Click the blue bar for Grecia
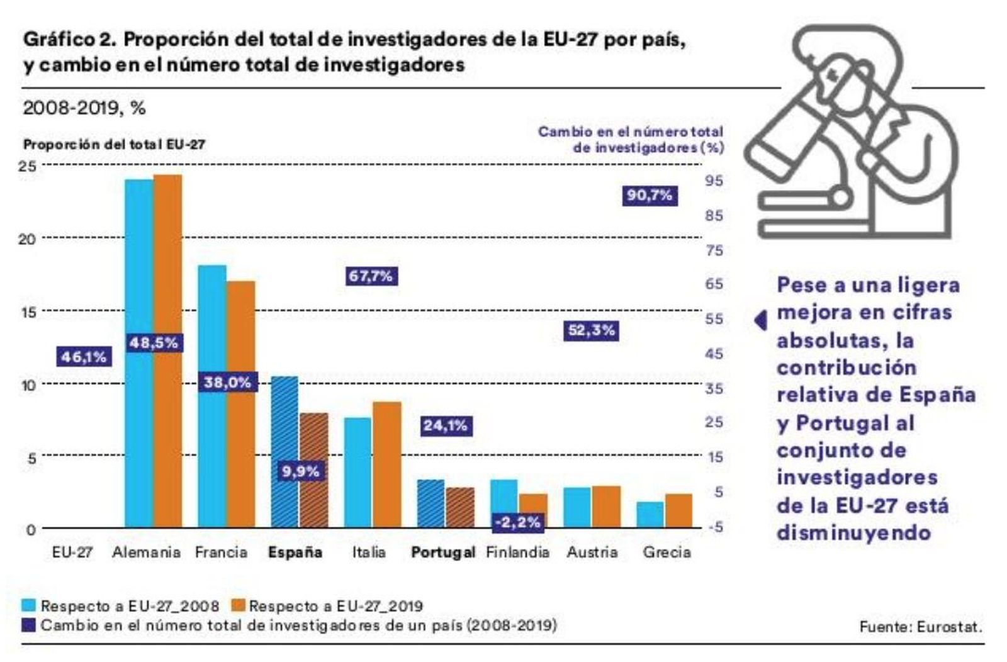coord(650,515)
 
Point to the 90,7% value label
coord(650,196)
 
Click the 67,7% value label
coord(371,276)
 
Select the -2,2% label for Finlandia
coord(517,522)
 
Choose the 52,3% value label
coord(591,330)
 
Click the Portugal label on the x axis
coord(443,553)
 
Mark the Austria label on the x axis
coord(592,553)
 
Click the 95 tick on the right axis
coord(714,181)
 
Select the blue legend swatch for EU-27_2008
coord(29,606)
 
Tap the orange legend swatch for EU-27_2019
coord(237,606)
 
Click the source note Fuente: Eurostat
coord(920,627)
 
